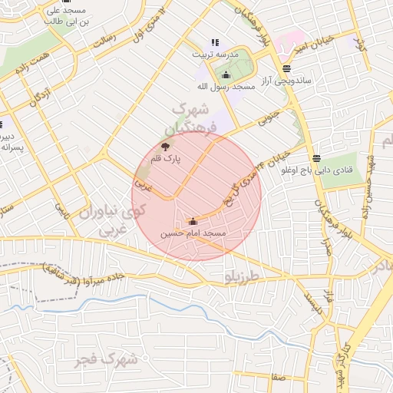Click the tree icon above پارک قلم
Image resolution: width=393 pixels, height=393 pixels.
[165, 146]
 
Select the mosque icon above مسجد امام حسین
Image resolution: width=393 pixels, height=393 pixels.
[193, 221]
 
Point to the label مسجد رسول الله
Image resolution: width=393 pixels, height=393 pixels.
[225, 87]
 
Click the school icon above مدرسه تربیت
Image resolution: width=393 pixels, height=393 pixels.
[214, 43]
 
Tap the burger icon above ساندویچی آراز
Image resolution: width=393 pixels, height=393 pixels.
[286, 68]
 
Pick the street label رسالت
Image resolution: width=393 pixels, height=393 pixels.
[105, 40]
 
